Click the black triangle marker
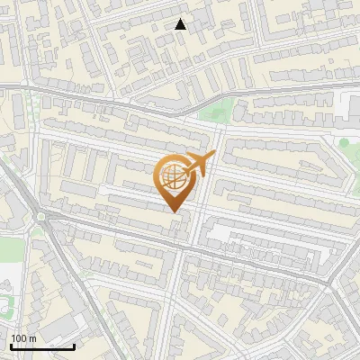[181, 24]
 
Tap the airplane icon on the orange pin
[199, 163]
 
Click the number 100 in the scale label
[19, 338]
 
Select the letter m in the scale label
[32, 338]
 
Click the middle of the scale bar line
[42, 346]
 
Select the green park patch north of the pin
[216, 112]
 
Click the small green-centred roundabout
[40, 217]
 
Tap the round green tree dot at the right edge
[343, 142]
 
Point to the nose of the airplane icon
[213, 156]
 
